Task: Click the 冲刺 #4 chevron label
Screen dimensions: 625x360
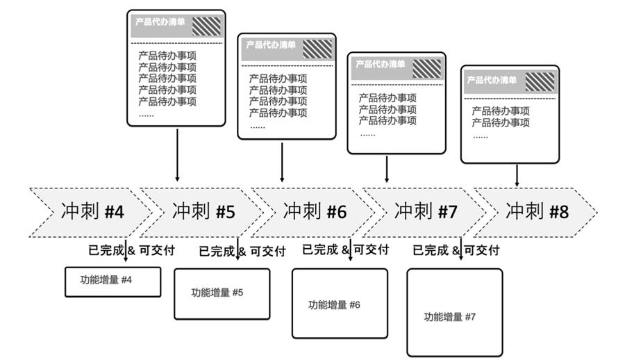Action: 92,211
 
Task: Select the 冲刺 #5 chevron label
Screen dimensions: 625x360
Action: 203,211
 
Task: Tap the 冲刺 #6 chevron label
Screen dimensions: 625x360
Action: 315,211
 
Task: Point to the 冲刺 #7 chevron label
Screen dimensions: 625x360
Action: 426,211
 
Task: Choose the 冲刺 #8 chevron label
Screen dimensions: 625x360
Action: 537,211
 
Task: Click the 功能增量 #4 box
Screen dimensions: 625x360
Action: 112,281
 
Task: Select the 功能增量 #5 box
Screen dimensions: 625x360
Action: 222,294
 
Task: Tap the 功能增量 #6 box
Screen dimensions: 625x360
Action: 340,303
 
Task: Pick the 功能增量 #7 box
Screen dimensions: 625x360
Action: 454,312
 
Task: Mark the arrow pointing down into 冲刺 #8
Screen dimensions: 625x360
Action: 517,175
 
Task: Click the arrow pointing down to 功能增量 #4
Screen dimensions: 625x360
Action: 126,250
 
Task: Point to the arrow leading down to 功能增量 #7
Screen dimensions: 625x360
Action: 461,249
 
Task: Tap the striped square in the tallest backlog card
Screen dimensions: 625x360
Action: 206,26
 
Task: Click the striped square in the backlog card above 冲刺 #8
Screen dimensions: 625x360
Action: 540,82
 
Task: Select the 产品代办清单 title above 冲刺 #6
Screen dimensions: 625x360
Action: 271,44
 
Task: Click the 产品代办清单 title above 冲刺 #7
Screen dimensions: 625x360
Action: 381,64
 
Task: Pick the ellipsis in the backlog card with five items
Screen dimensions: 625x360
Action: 147,115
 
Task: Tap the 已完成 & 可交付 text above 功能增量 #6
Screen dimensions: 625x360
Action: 346,249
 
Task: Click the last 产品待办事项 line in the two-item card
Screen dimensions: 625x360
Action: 501,122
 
